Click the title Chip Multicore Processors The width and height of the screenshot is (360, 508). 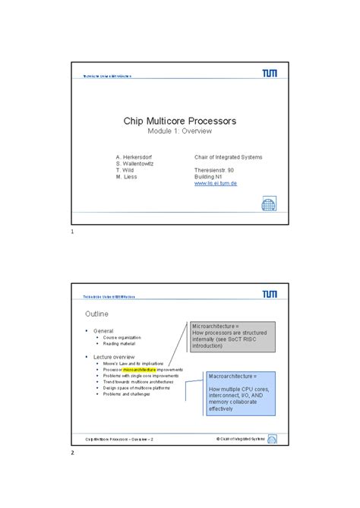180,121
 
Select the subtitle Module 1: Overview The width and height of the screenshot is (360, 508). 180,132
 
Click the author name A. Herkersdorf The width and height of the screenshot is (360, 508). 137,157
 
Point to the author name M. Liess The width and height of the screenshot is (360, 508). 127,177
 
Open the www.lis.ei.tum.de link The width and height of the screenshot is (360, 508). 216,184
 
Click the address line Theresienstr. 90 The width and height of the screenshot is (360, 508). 216,170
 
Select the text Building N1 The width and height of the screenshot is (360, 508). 210,177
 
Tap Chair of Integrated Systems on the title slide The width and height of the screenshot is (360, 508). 228,157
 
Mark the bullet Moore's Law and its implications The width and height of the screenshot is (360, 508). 134,363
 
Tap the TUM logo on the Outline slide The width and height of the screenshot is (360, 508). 269,293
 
